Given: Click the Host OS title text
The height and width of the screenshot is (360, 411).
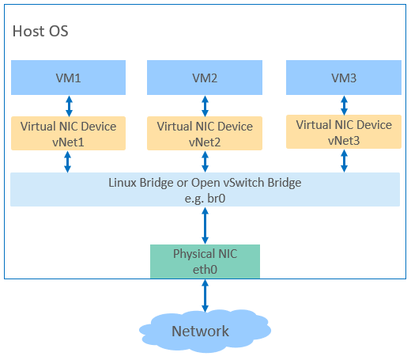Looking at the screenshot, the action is click(40, 31).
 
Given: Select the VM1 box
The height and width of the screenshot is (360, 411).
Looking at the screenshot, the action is click(68, 78).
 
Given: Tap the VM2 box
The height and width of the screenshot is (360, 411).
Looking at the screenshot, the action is click(205, 78).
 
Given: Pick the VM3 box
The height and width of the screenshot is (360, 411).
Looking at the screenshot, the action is click(344, 78).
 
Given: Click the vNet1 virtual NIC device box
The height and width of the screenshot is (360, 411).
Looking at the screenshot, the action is click(68, 133).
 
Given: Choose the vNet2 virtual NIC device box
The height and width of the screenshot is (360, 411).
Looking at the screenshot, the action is click(205, 133).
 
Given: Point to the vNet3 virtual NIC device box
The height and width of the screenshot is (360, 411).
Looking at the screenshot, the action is click(344, 131).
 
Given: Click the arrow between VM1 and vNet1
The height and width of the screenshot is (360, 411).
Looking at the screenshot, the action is click(69, 106).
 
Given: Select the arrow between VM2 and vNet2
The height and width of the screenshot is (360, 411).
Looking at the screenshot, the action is click(205, 106).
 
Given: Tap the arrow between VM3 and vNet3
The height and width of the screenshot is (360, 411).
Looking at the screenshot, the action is click(344, 105).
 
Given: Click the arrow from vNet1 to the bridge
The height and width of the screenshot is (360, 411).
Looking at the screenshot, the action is click(68, 161).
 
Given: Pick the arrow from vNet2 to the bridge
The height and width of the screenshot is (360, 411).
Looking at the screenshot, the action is click(205, 161).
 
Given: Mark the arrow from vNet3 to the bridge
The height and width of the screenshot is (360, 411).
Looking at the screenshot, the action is click(344, 161).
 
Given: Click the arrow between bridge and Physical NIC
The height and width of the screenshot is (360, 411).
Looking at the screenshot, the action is click(205, 225).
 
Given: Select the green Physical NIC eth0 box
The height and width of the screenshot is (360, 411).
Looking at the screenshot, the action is click(205, 261).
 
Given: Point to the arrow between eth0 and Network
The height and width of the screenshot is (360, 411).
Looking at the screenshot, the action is click(205, 296).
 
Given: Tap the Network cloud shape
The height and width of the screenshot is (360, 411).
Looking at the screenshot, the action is click(205, 331).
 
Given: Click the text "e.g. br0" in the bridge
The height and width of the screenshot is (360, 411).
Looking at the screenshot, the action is click(205, 199).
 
